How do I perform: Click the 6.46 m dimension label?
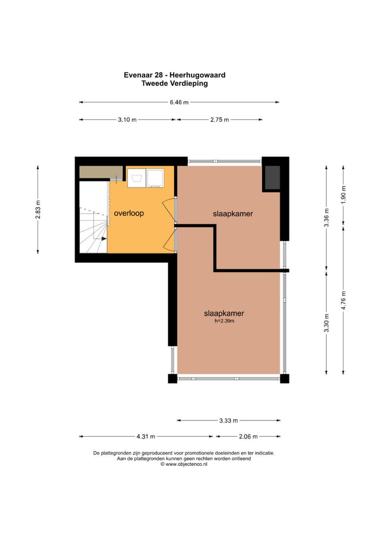(179, 102)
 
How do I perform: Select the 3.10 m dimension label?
(127, 120)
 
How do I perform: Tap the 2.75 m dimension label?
(220, 120)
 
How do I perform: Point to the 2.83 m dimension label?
(38, 209)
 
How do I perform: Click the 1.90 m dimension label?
(343, 194)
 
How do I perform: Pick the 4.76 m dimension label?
(343, 300)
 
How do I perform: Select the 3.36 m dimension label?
(326, 218)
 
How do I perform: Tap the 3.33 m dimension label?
(229, 420)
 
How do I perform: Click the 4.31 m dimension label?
(146, 437)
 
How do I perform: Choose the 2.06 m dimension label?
(248, 437)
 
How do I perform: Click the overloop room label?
(129, 213)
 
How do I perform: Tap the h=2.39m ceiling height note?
(224, 321)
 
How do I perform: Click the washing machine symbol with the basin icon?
(137, 178)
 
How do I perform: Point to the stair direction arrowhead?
(104, 239)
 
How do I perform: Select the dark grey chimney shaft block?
(272, 177)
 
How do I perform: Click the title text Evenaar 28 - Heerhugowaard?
(175, 75)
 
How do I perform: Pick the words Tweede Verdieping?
(175, 83)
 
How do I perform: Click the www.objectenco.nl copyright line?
(184, 464)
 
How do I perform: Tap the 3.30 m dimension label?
(326, 323)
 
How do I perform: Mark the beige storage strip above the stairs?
(102, 172)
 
